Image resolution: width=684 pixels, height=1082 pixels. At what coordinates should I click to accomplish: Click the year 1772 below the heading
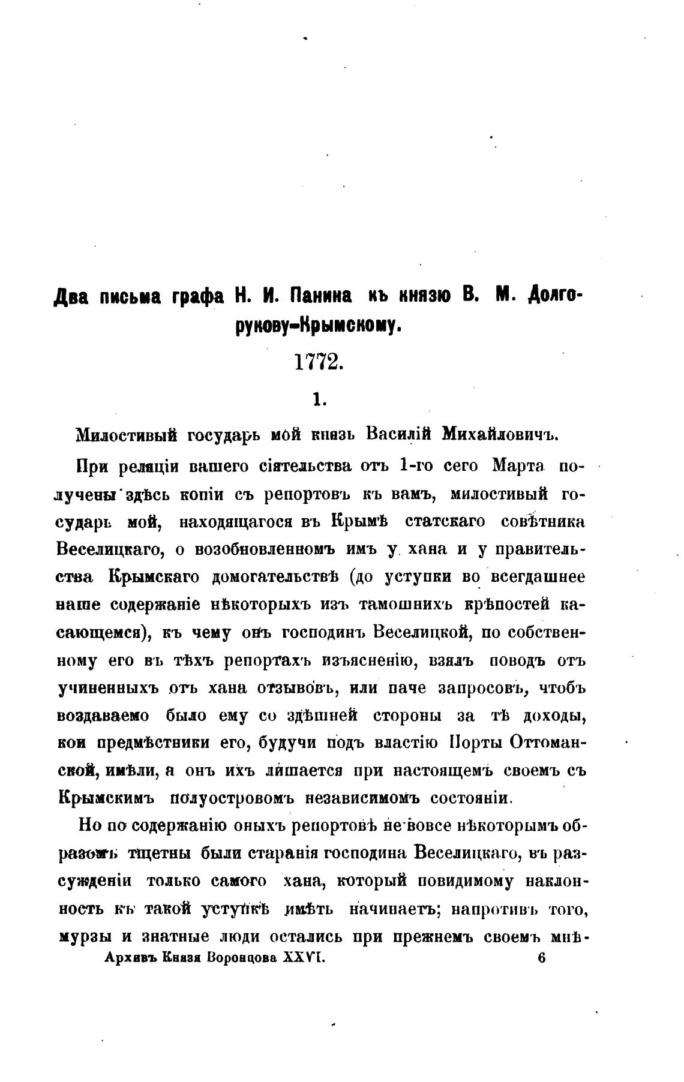point(319,362)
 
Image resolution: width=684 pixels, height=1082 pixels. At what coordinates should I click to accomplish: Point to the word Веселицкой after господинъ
point(424,633)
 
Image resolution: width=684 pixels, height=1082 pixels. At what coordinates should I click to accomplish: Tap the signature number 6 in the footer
point(542,958)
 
